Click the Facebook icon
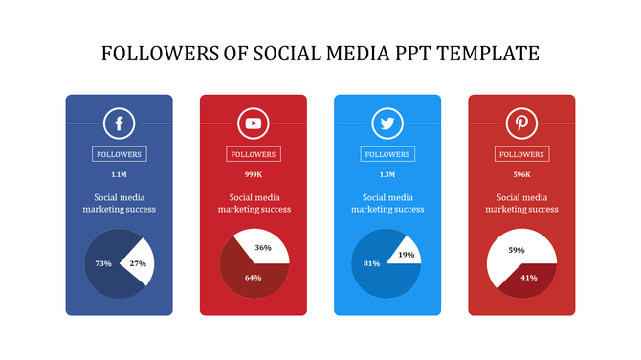[x=119, y=124]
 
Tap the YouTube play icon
[x=253, y=124]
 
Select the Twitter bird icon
[x=387, y=124]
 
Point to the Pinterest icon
[x=521, y=124]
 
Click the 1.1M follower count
[x=119, y=175]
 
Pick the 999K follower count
[x=253, y=175]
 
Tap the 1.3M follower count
[x=387, y=175]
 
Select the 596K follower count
[x=521, y=175]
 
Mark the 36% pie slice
[x=262, y=247]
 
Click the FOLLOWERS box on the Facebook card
[x=119, y=154]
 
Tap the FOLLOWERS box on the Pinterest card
[x=521, y=154]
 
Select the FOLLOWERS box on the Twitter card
[x=387, y=154]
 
